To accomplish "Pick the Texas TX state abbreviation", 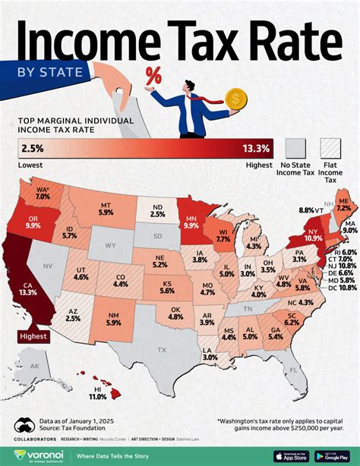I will point(161,350).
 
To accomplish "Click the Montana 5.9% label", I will point(107,210).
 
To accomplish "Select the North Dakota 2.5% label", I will point(157,210).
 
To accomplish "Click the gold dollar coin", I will point(237,99).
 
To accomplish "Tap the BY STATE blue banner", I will point(42,73).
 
